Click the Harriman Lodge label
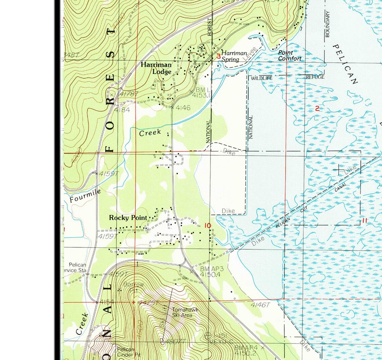pyautogui.click(x=156, y=68)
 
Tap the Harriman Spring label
pyautogui.click(x=234, y=56)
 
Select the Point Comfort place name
pyautogui.click(x=289, y=56)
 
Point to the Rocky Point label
pyautogui.click(x=128, y=218)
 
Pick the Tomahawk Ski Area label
pyautogui.click(x=185, y=312)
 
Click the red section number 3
pyautogui.click(x=218, y=56)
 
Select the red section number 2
pyautogui.click(x=317, y=108)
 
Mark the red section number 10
pyautogui.click(x=208, y=226)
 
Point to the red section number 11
pyautogui.click(x=365, y=221)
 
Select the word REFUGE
pyautogui.click(x=315, y=77)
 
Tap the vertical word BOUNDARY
pyautogui.click(x=327, y=24)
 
